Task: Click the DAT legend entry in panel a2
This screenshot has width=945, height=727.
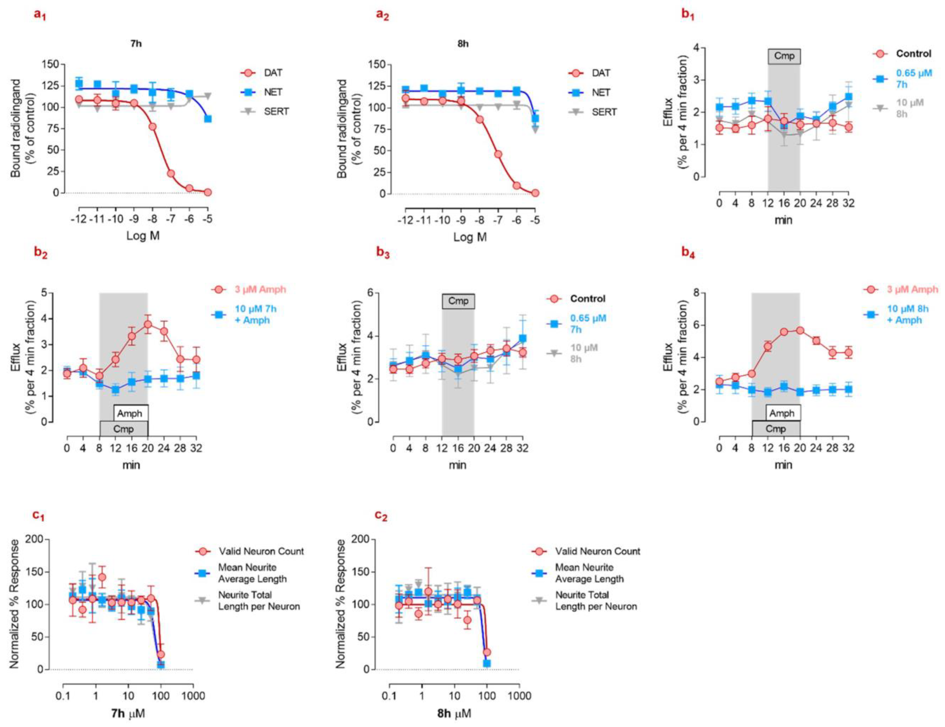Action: (601, 73)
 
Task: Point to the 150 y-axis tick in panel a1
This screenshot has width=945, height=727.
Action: (50, 64)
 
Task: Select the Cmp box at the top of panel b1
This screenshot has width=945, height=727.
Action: (784, 56)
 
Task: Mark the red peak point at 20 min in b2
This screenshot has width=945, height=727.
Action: (148, 324)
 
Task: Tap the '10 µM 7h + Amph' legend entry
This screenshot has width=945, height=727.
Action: (255, 314)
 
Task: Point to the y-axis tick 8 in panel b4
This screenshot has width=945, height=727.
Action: (697, 293)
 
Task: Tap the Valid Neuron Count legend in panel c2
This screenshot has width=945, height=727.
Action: (597, 551)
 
